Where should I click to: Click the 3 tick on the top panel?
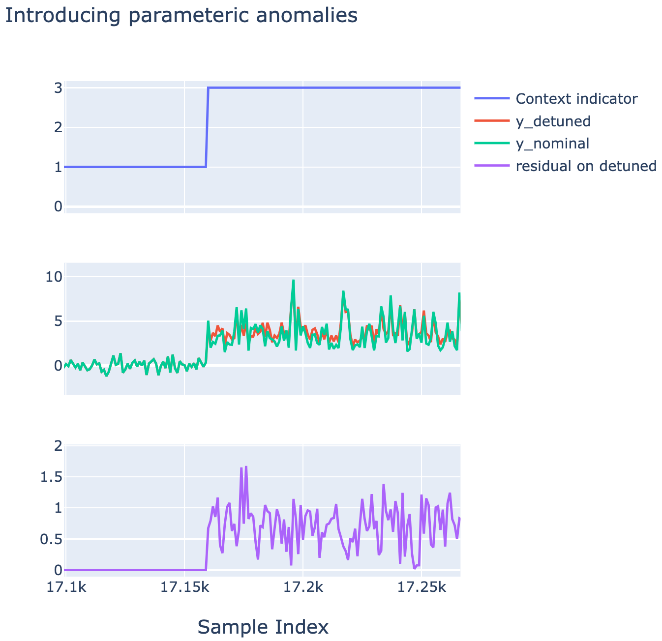58,87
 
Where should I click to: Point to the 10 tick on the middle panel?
54,277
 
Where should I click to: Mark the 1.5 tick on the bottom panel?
51,477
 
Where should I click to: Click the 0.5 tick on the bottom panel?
51,539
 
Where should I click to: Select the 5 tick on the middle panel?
58,321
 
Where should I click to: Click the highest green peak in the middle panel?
293,280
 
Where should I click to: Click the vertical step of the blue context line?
207,127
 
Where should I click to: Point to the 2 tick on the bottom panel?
58,446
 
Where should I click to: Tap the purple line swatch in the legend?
492,166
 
